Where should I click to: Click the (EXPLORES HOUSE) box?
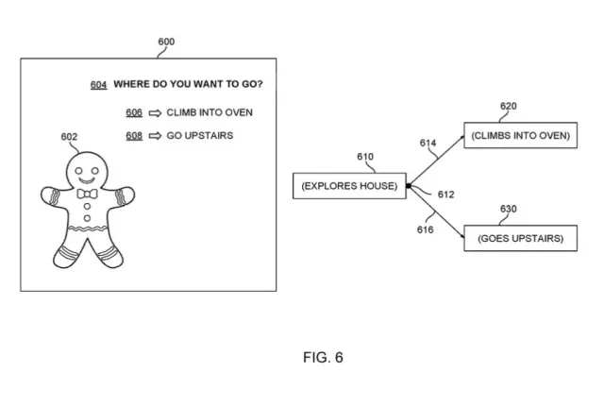tap(350, 185)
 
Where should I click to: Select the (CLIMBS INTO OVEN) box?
tap(520, 136)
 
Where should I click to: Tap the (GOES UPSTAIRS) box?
tap(520, 239)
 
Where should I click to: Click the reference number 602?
tap(69, 138)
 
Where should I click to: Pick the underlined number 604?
tap(98, 85)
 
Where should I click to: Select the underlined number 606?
tap(134, 112)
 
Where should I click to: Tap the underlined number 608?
tap(134, 135)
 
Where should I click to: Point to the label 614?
tap(428, 143)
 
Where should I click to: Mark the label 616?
tap(426, 228)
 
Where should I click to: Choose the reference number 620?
tap(508, 107)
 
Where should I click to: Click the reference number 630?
tap(508, 210)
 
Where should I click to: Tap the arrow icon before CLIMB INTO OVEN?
tap(155, 112)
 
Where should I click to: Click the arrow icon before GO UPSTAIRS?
tap(155, 135)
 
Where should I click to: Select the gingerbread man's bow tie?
tap(87, 195)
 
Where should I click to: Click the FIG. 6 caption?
tap(323, 358)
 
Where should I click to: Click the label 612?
tap(446, 195)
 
